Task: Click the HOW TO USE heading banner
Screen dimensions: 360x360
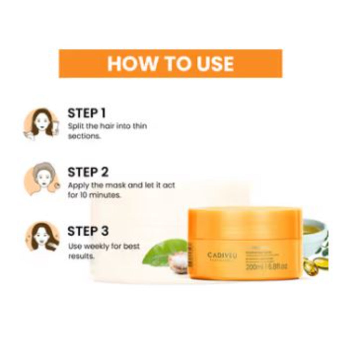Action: coord(171,63)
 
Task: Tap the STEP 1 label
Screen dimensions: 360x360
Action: coord(86,113)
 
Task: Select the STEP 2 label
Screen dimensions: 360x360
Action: coord(88,172)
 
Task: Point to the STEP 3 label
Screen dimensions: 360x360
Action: coord(88,231)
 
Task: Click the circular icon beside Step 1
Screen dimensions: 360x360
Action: coord(41,125)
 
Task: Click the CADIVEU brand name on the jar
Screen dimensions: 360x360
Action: coord(222,255)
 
